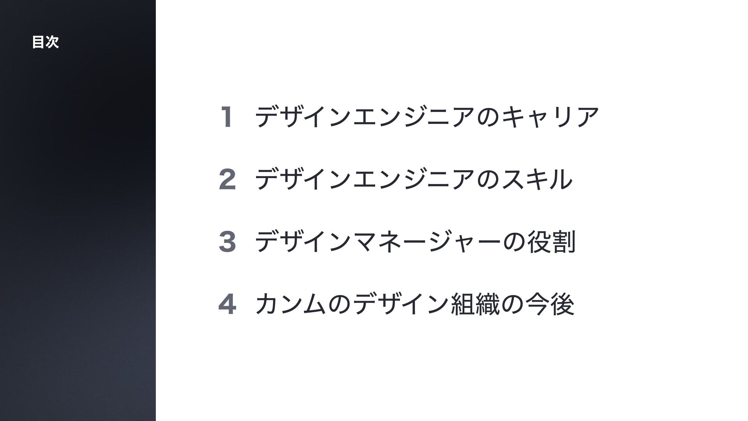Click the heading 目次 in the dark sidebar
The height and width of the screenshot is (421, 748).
click(x=46, y=42)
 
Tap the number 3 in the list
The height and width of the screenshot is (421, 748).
click(x=228, y=242)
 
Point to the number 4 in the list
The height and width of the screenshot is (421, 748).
click(x=228, y=305)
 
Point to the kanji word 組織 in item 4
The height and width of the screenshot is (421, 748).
click(x=475, y=304)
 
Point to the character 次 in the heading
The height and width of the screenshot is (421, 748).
click(x=52, y=42)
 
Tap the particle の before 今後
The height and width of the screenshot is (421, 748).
click(x=512, y=304)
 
